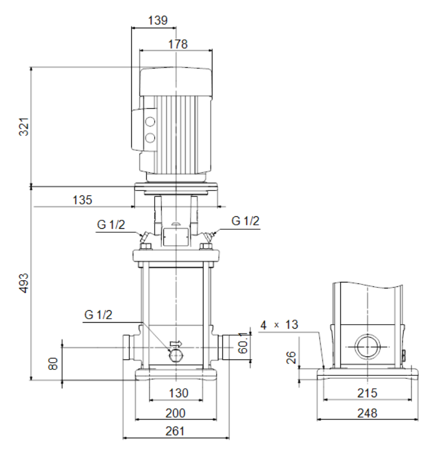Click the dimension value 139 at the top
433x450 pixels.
point(158,20)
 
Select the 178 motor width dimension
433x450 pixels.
point(178,44)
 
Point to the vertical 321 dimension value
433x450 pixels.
point(24,126)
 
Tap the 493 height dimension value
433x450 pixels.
point(24,283)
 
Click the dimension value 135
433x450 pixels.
point(83,200)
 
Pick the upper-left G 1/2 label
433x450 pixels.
point(111,224)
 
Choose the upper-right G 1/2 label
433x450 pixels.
point(245,221)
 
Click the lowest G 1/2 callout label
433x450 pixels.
point(98,315)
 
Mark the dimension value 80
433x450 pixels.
point(53,363)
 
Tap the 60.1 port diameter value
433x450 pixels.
point(243,343)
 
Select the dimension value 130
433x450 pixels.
point(179,393)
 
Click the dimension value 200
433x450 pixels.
point(175,413)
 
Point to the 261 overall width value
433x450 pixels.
point(175,431)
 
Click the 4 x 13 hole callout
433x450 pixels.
point(279,325)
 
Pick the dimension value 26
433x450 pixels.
point(291,358)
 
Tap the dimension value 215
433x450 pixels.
point(367,393)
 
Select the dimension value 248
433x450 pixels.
point(367,413)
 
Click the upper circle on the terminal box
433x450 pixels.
point(150,122)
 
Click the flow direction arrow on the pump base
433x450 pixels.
point(176,343)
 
